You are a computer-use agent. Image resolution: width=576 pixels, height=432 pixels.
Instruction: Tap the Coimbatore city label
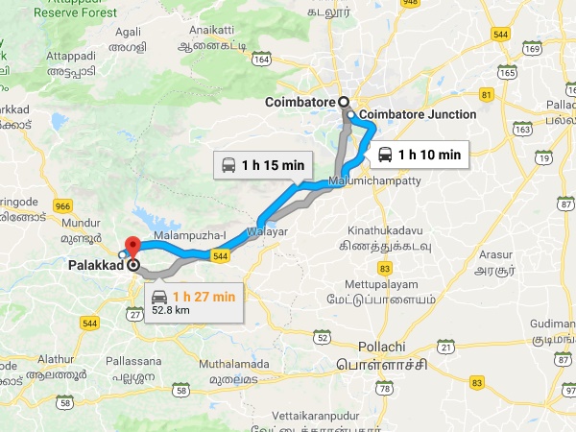[x=300, y=101]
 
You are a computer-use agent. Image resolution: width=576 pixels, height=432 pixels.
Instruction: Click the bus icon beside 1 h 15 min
[x=230, y=164]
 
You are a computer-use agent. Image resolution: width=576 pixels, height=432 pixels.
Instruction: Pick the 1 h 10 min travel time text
[x=429, y=154]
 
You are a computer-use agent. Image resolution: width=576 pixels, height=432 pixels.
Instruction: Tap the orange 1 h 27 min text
[x=204, y=297]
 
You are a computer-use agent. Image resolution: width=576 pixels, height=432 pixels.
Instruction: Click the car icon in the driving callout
[x=158, y=297]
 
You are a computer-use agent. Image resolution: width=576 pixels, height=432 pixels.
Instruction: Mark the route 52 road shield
[x=323, y=338]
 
